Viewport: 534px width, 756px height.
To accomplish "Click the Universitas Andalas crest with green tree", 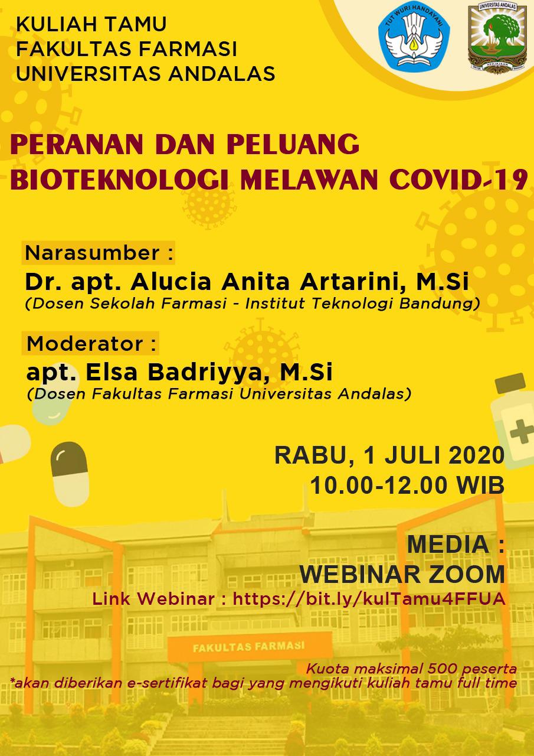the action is tap(497, 37).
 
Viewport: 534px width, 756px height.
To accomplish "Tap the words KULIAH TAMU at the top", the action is tap(91, 24).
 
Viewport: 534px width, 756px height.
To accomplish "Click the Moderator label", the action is tap(91, 344).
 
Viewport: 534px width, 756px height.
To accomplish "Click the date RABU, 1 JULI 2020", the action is tap(389, 455).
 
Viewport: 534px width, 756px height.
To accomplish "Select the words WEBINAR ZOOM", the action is tap(402, 574).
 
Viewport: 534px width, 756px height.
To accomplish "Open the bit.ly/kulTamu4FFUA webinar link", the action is tap(369, 599).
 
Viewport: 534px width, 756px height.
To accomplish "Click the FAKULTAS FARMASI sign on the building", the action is tap(249, 646).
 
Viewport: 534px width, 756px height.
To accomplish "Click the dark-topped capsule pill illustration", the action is tap(70, 474).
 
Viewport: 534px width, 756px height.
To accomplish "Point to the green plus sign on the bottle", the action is tap(521, 431).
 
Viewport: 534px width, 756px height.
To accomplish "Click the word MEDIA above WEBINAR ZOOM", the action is tap(448, 545).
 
